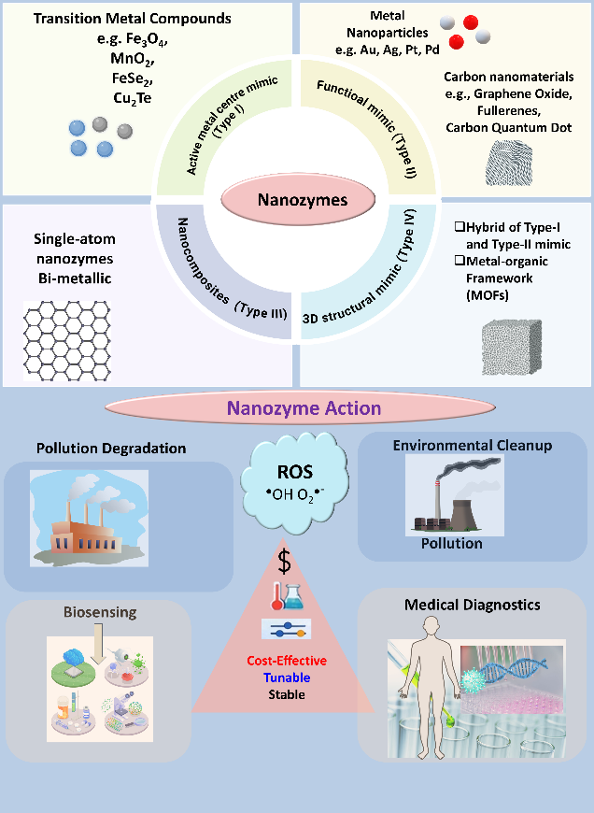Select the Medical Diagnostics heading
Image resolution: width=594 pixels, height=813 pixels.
[472, 605]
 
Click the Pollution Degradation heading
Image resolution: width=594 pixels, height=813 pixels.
[111, 448]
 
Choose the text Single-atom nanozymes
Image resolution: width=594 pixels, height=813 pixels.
[81, 248]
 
